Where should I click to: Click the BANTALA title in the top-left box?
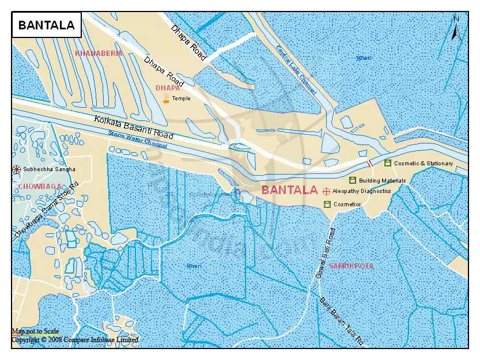pos(46,25)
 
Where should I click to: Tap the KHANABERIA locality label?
pos(99,53)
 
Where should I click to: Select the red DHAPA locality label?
pos(168,88)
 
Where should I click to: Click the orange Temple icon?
pos(166,98)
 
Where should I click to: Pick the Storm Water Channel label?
pos(138,140)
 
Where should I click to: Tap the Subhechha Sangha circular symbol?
pos(16,169)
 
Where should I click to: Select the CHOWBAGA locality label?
pos(39,187)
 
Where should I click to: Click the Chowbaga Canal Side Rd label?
pos(46,211)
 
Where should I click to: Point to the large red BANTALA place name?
pos(289,190)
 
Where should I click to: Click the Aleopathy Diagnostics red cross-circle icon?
pos(326,191)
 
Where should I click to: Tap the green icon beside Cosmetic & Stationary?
pos(388,163)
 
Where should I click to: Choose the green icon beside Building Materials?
pos(353,180)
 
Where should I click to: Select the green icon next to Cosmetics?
pos(327,204)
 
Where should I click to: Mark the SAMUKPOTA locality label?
pos(351,266)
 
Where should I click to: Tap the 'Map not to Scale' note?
pos(36,331)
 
